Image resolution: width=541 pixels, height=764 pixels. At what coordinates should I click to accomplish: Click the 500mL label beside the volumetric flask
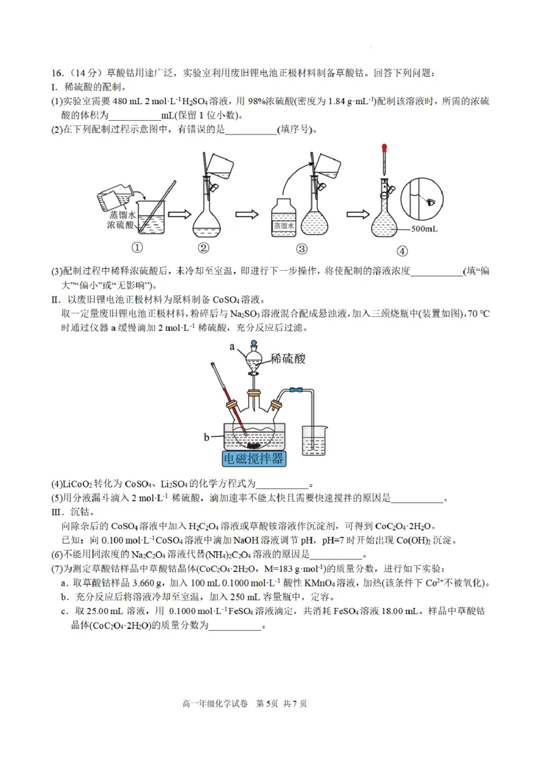424,229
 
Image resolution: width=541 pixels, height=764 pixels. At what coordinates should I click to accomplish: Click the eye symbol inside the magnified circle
429,201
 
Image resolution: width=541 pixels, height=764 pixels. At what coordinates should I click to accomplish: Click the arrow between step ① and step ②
178,214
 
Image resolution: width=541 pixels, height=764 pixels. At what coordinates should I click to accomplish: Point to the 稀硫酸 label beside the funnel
287,358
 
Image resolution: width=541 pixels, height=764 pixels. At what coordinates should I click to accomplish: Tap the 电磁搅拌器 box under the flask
254,460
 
